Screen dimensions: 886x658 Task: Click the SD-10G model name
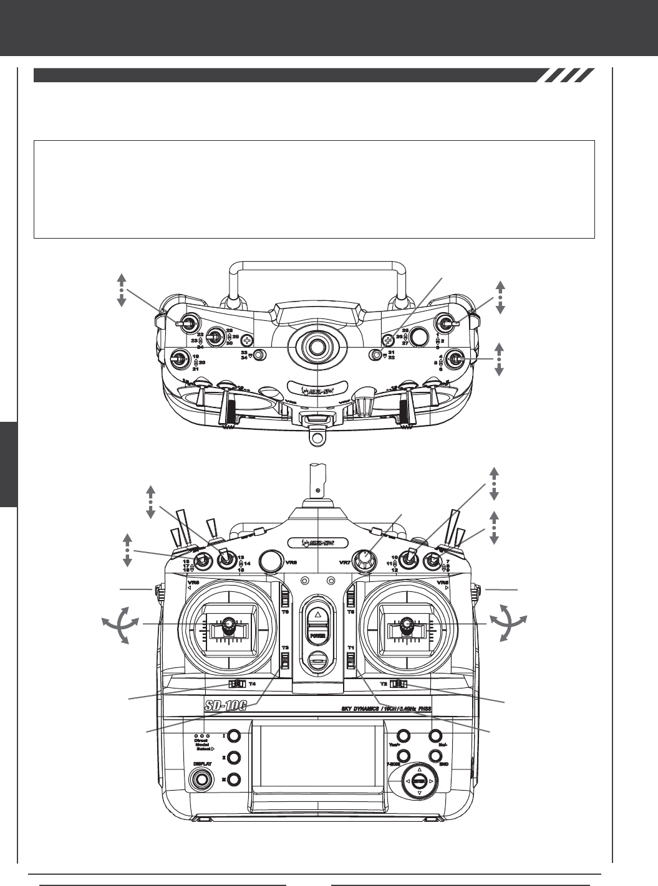tap(230, 707)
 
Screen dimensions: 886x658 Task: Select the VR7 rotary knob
tap(365, 560)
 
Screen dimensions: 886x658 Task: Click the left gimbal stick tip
tap(229, 624)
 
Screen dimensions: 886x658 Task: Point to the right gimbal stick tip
tap(407, 623)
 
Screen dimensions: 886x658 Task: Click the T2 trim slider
tap(398, 684)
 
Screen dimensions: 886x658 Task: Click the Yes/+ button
tap(403, 736)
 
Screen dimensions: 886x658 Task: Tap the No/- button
tap(435, 736)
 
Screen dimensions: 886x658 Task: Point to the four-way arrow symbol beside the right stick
tap(508, 624)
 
